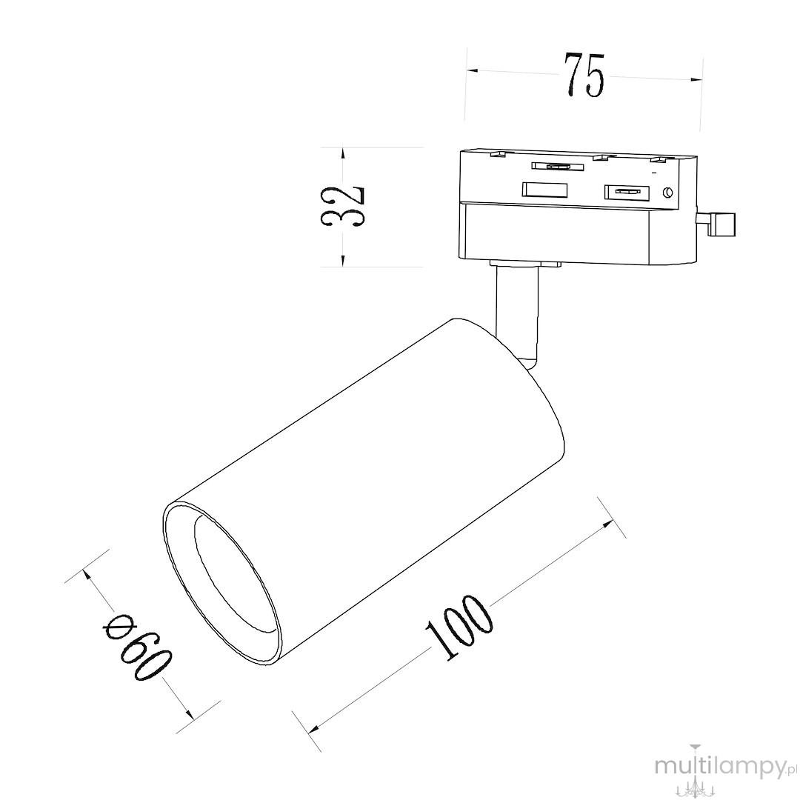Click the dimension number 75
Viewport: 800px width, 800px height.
click(x=584, y=75)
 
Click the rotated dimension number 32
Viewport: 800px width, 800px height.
click(x=342, y=205)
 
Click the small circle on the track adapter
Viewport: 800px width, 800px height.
click(x=667, y=193)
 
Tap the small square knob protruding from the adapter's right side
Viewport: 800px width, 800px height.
click(x=724, y=224)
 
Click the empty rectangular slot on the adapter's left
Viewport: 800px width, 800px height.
click(x=544, y=190)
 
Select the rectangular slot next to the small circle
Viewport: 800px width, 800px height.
click(x=626, y=193)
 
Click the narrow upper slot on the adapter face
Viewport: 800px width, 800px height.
click(x=557, y=166)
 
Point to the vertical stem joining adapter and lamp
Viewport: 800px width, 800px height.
click(x=516, y=311)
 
